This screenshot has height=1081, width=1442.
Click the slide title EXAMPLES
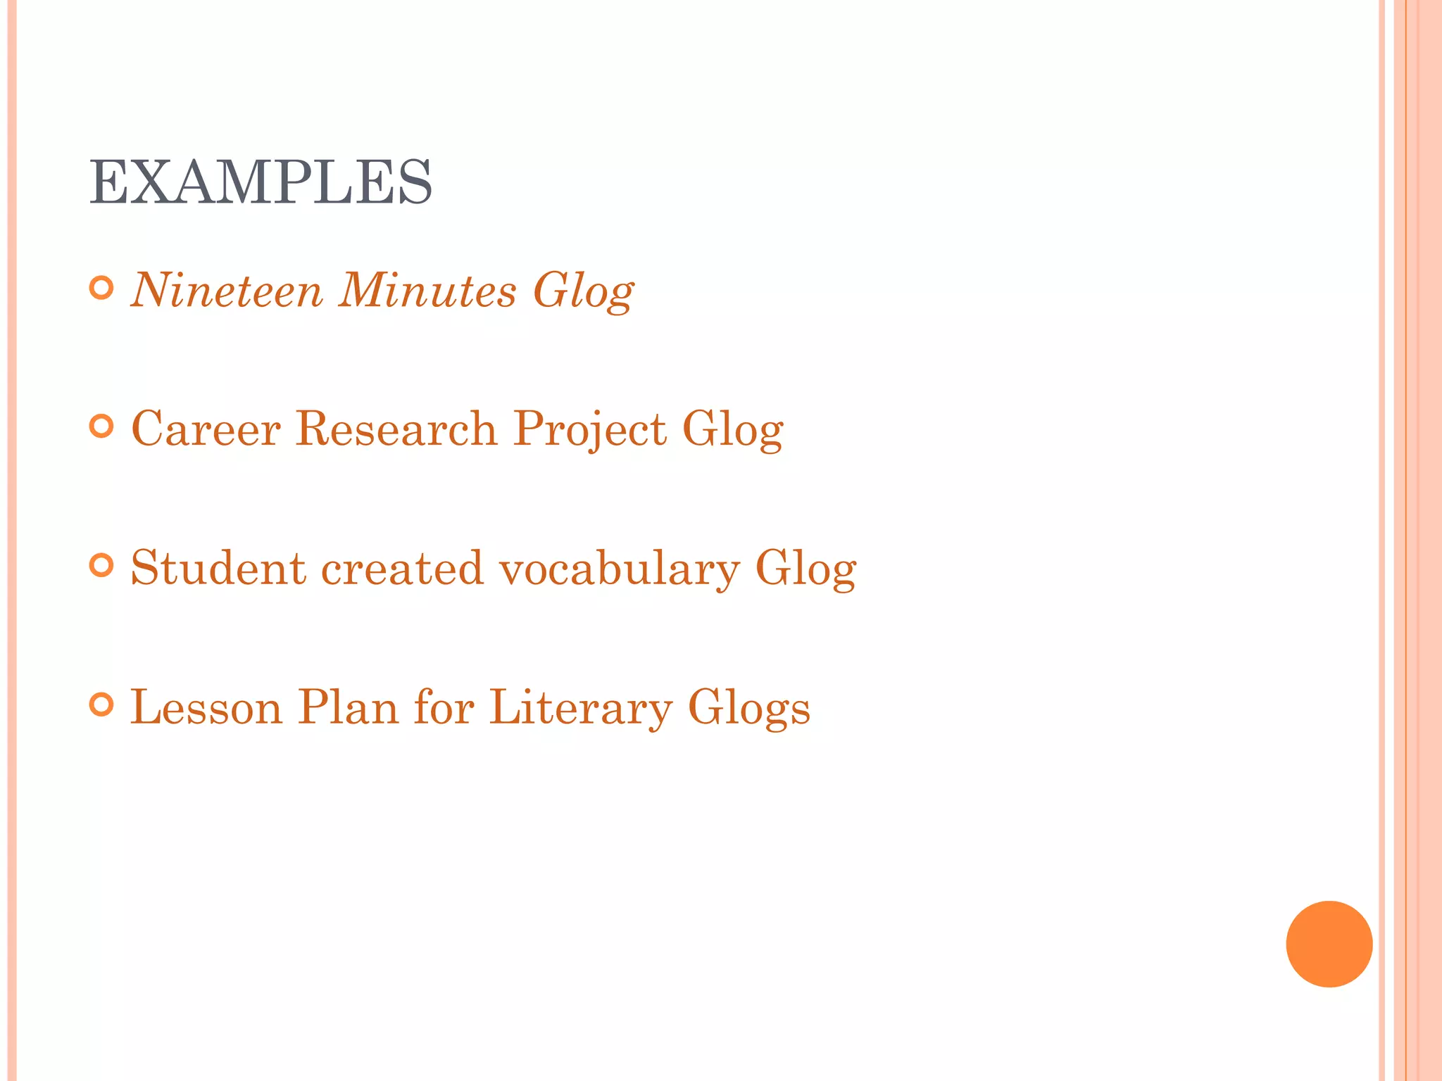point(261,182)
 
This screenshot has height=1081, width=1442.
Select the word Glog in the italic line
point(583,291)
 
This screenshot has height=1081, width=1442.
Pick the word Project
point(590,429)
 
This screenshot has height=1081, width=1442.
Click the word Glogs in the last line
point(749,708)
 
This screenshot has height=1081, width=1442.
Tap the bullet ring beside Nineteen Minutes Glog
point(102,288)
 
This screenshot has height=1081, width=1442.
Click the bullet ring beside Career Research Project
point(102,426)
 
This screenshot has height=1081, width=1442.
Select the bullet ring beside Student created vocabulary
point(102,565)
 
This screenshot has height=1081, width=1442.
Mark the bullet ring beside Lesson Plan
point(102,704)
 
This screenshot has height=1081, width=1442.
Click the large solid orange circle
point(1329,944)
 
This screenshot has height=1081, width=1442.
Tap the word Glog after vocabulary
point(805,569)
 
